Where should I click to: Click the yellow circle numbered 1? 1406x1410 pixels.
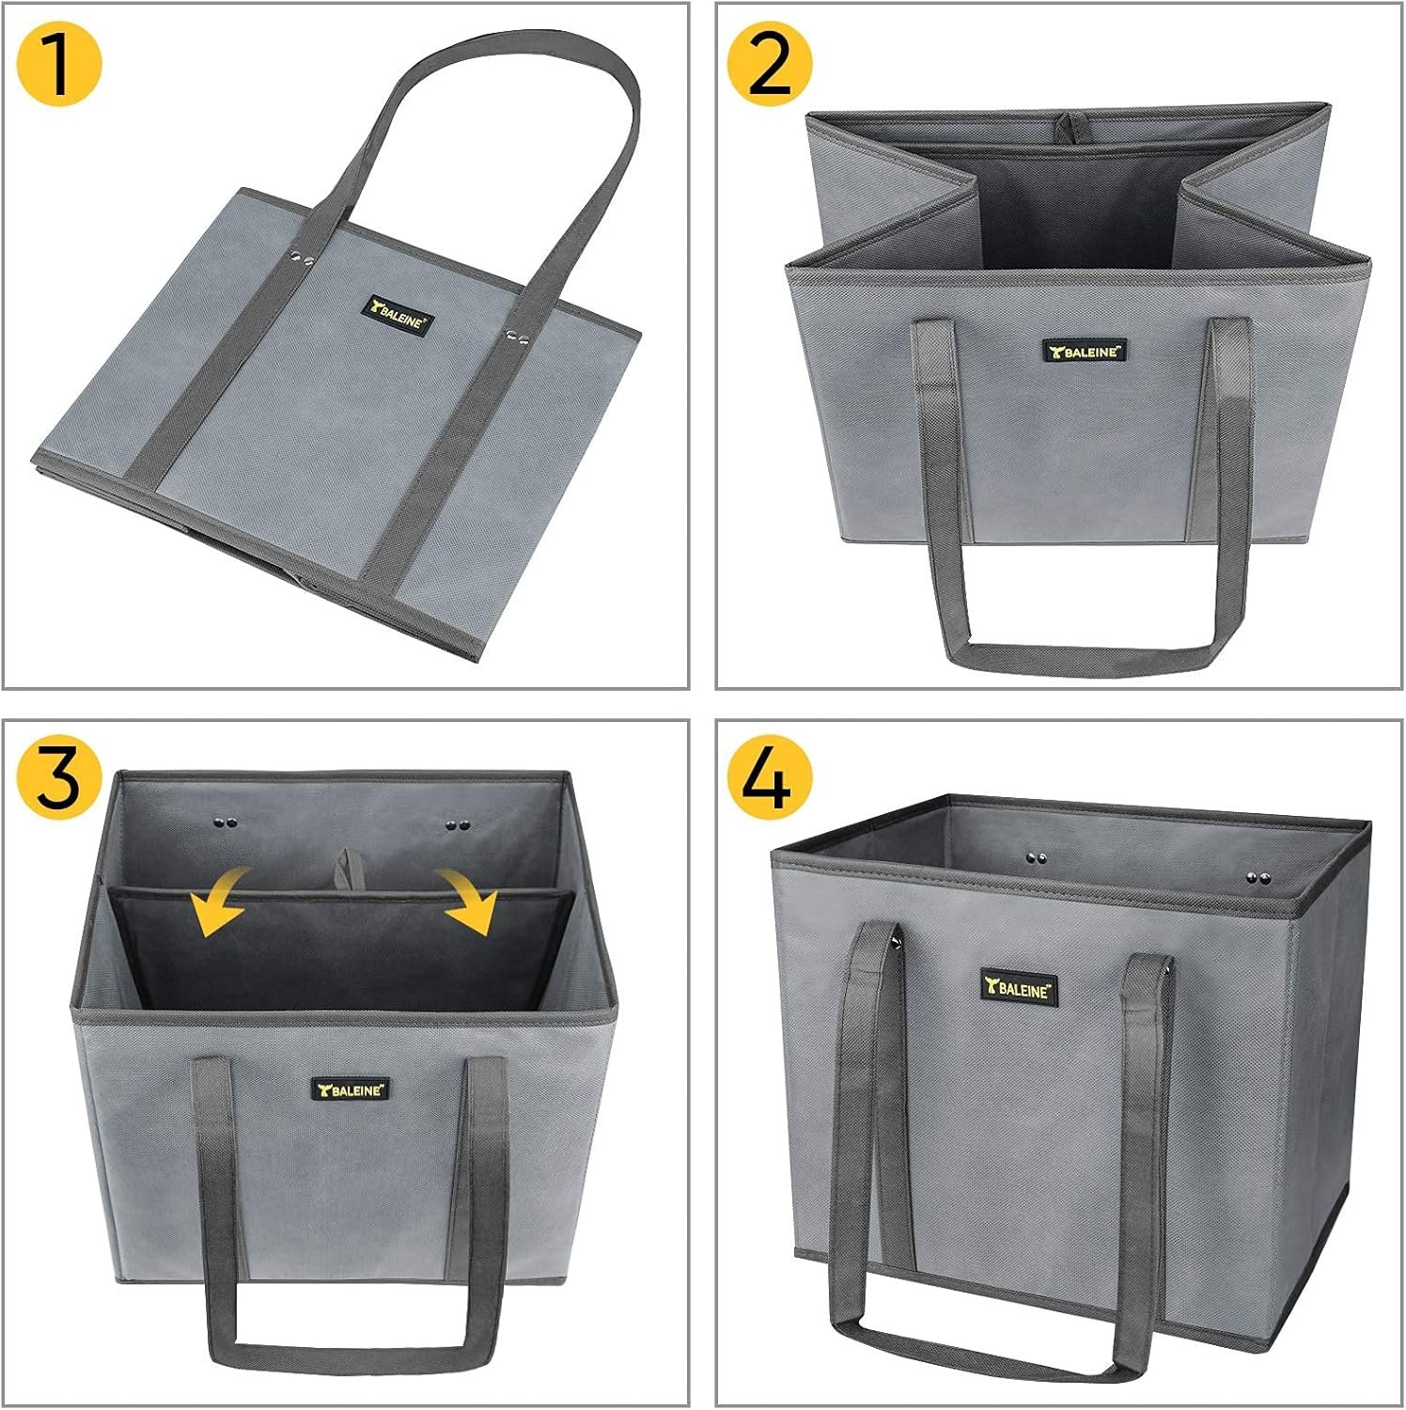[x=59, y=64]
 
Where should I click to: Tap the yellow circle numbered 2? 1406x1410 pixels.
[x=770, y=64]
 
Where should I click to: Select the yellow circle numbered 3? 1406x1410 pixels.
[x=59, y=778]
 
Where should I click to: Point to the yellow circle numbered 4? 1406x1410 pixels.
[x=770, y=778]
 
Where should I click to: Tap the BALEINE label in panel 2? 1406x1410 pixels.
[x=1085, y=352]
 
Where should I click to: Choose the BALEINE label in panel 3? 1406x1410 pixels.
[x=351, y=1089]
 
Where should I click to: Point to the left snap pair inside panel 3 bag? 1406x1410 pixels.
[x=225, y=823]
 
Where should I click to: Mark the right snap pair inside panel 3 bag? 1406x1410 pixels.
[x=458, y=825]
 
